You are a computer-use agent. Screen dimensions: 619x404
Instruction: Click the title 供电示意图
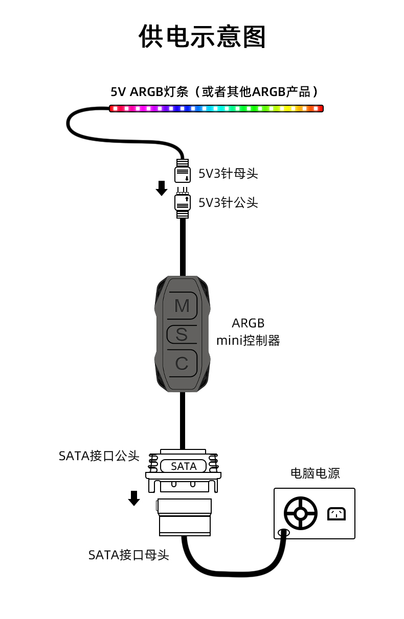click(202, 37)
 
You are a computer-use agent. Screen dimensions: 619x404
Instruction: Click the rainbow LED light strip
click(216, 108)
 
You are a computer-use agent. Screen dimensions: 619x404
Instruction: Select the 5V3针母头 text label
click(228, 174)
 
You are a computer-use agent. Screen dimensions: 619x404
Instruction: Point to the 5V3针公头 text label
click(228, 203)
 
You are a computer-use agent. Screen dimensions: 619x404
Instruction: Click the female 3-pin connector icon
click(183, 172)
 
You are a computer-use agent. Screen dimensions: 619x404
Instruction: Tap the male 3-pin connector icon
click(183, 202)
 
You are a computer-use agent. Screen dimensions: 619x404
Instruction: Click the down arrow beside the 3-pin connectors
click(162, 188)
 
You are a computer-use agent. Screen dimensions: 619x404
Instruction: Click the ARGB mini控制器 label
click(248, 332)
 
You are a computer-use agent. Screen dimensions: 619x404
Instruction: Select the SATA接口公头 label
click(99, 456)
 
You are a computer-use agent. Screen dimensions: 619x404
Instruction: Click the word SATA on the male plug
click(183, 466)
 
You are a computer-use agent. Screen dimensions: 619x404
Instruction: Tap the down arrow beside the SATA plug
click(134, 498)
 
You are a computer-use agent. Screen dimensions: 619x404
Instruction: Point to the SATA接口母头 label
click(129, 555)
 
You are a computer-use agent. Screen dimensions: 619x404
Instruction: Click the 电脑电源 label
click(315, 473)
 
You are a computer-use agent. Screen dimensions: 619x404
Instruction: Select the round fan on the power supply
click(301, 513)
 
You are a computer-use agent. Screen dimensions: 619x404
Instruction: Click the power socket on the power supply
click(336, 513)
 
